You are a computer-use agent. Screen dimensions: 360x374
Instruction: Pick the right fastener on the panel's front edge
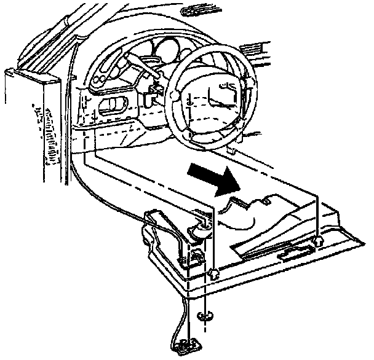[x=317, y=242]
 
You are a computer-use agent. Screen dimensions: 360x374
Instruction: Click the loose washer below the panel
[x=204, y=317]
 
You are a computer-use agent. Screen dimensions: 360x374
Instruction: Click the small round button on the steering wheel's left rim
[x=174, y=96]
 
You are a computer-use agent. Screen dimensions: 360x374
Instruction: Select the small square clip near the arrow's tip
[x=266, y=200]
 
